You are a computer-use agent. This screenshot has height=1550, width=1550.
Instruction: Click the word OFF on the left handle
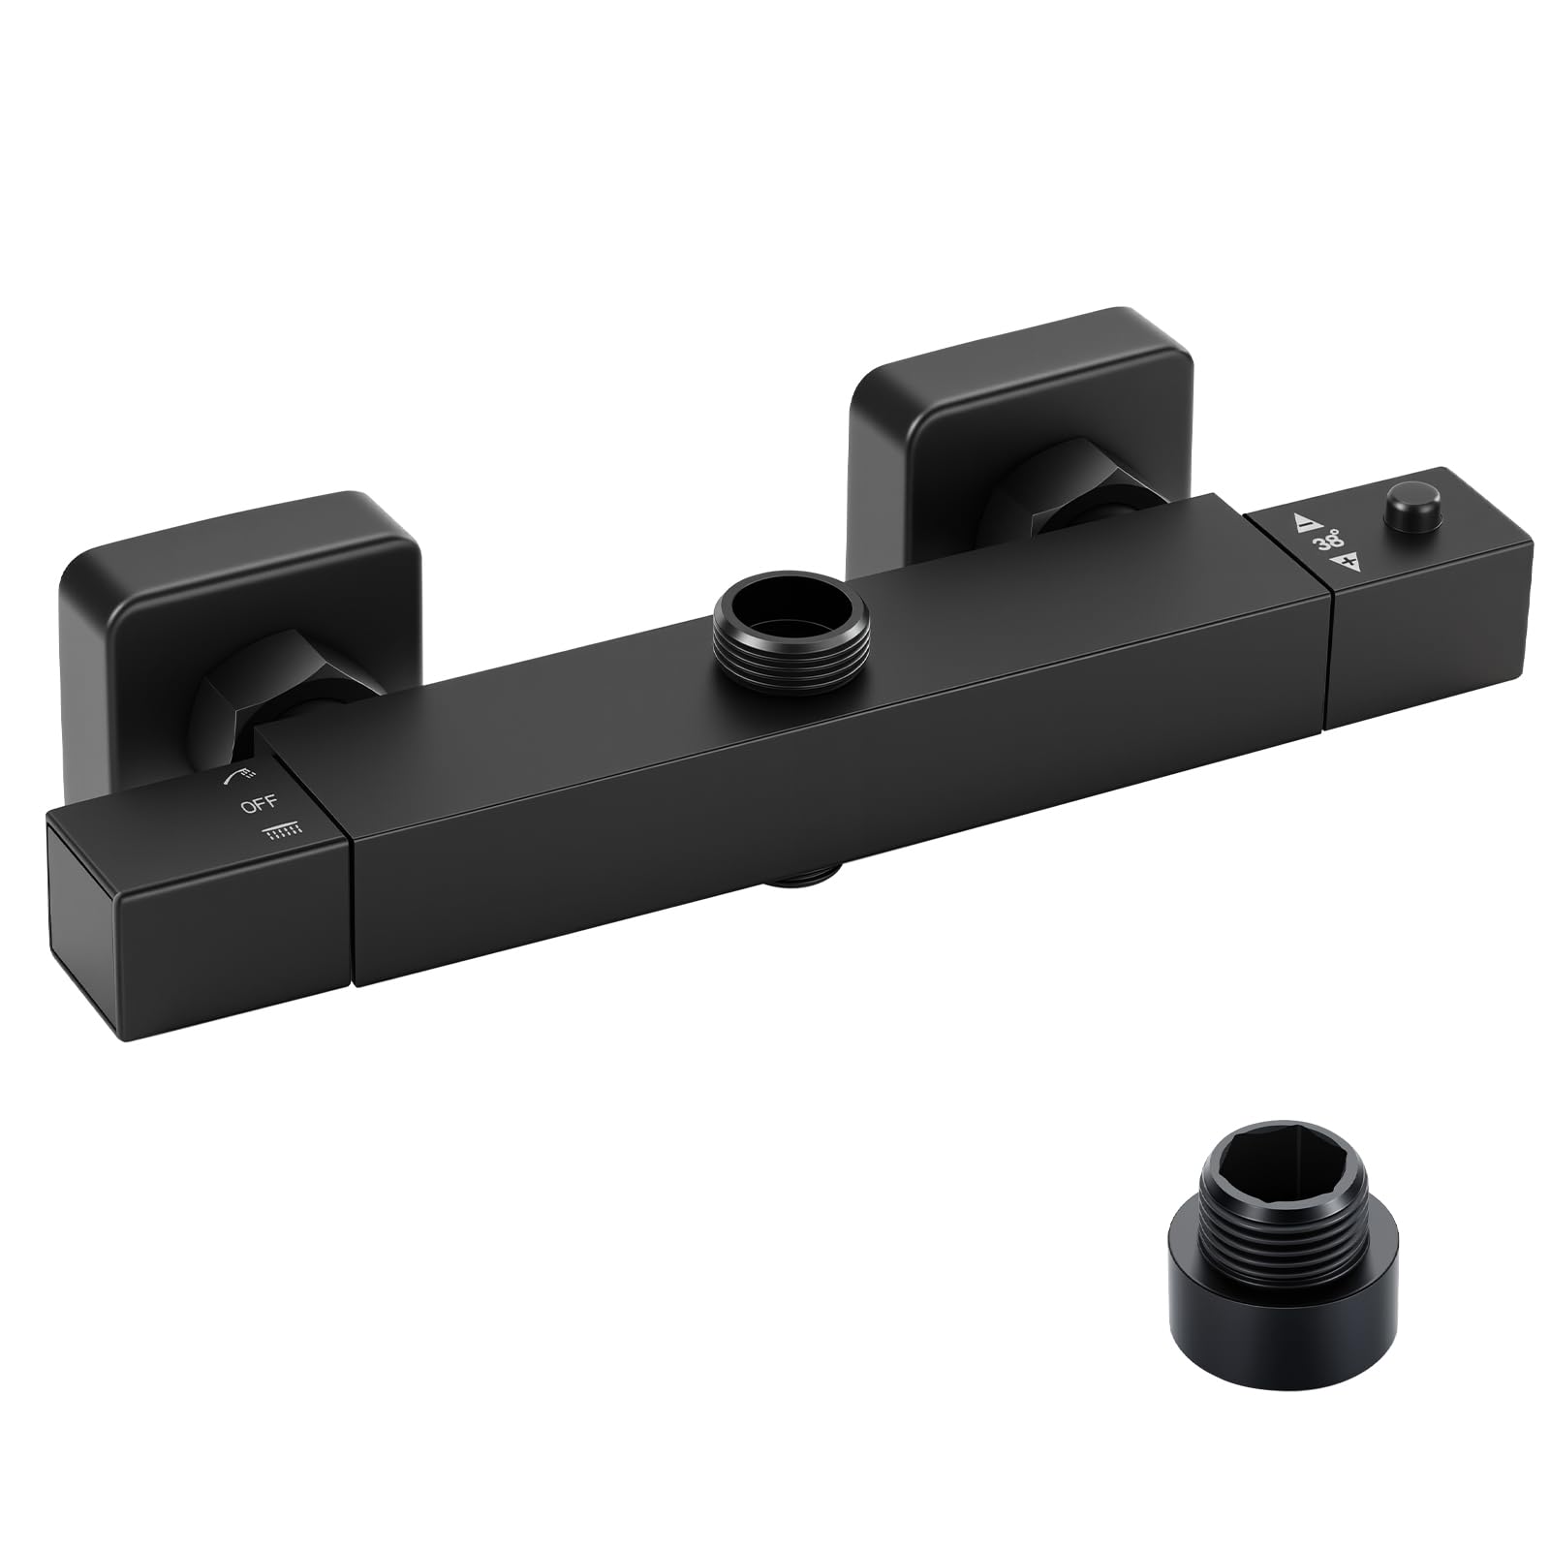(x=260, y=802)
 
